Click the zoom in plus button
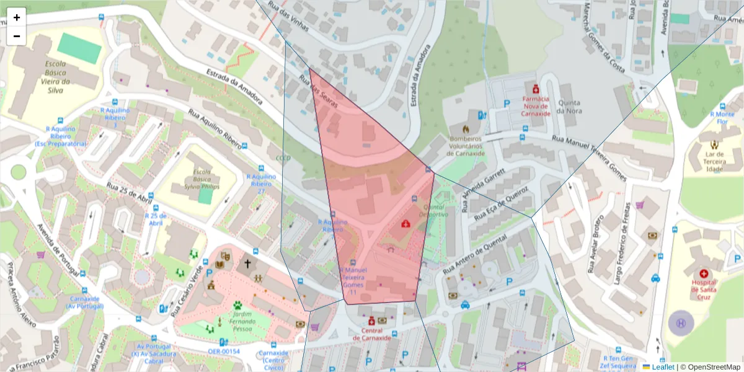(17, 17)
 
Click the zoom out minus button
(17, 36)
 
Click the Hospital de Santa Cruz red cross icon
(704, 273)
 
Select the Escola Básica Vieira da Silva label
(55, 77)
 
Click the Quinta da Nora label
(569, 107)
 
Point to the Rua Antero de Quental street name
(471, 254)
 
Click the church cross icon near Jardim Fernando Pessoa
(247, 263)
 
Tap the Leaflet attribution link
(663, 366)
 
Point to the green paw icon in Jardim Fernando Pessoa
(237, 305)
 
